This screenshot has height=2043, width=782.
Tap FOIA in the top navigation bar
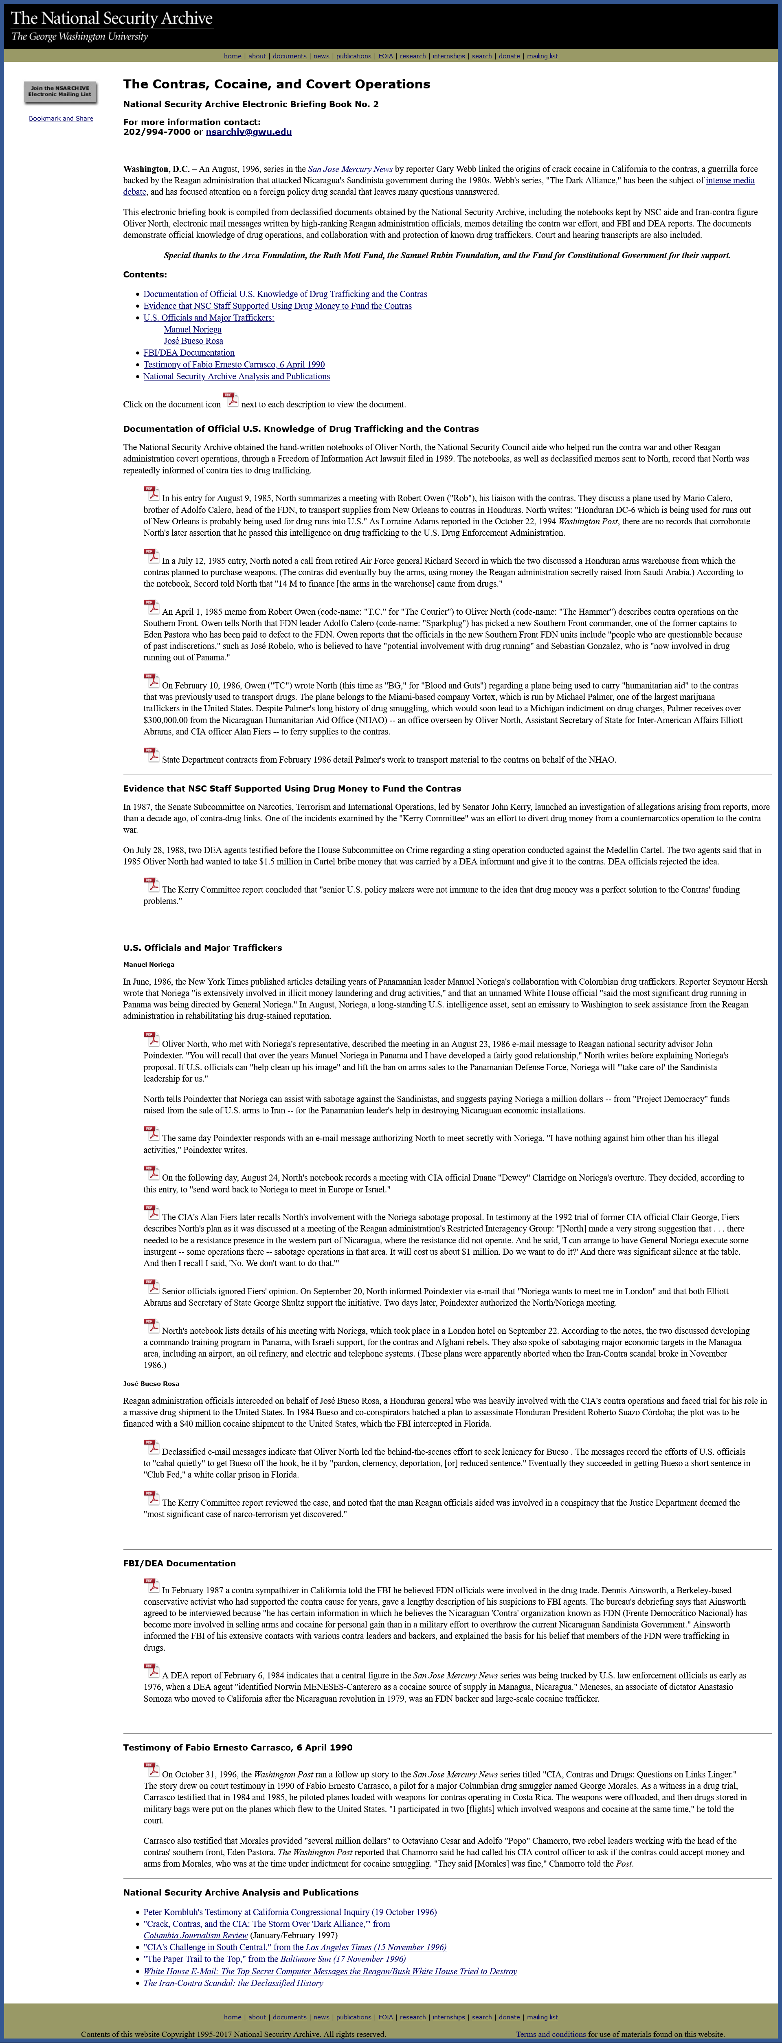[x=385, y=56]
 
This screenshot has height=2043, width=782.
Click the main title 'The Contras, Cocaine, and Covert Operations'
[x=276, y=84]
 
